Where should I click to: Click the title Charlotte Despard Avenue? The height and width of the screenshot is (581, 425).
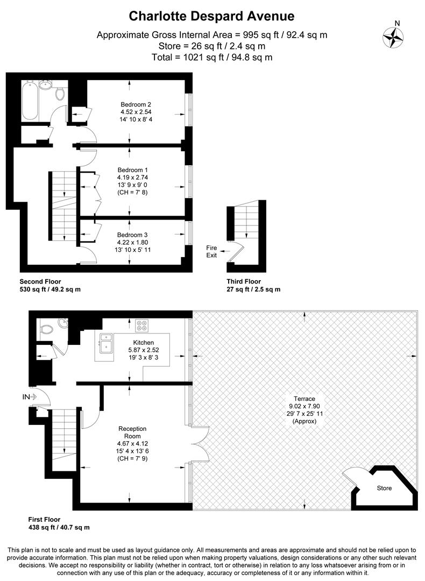tap(212, 17)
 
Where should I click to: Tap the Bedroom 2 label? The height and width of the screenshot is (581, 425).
tap(132, 104)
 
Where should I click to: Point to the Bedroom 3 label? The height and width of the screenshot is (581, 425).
tap(132, 235)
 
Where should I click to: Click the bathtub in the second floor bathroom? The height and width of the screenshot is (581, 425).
tap(30, 101)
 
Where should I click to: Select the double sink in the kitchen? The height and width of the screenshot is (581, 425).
tap(106, 343)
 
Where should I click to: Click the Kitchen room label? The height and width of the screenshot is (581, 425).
tap(144, 342)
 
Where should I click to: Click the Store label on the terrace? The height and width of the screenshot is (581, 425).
tap(384, 488)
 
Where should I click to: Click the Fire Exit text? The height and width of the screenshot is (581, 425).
tap(212, 251)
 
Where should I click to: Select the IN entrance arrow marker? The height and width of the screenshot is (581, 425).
tap(29, 397)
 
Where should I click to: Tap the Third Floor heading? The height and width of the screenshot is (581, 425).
tap(244, 281)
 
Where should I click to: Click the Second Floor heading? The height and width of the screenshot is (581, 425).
tap(40, 281)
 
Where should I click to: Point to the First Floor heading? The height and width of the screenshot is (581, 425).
tap(45, 520)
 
